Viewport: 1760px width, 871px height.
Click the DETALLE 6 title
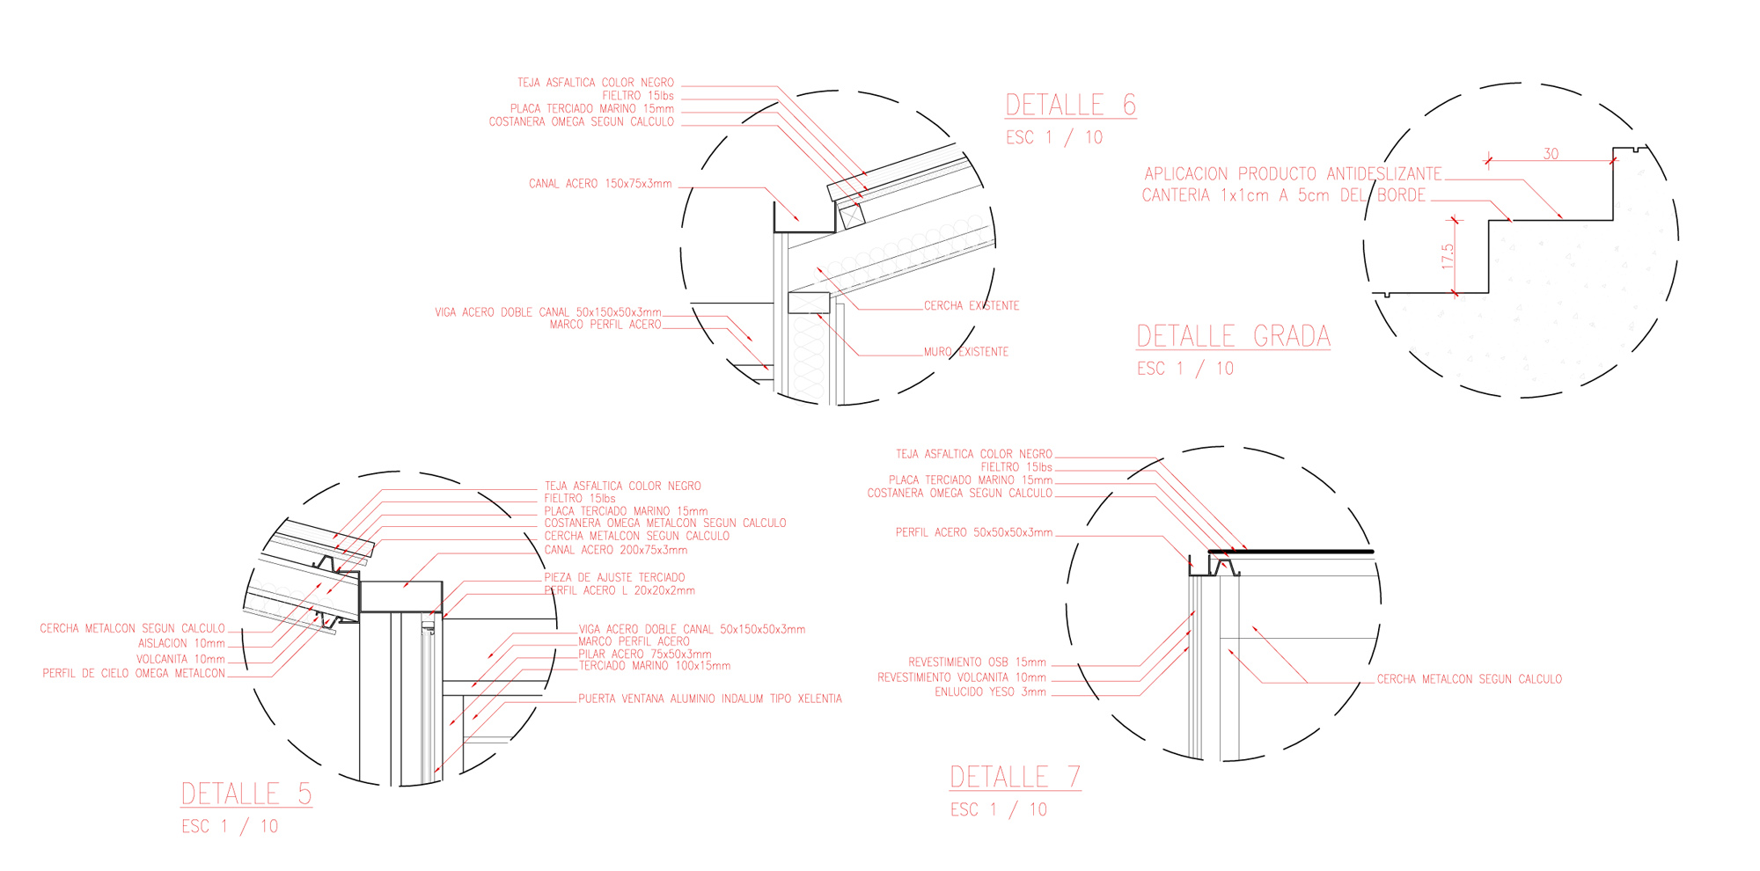1070,105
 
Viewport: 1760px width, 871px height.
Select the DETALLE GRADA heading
1233,336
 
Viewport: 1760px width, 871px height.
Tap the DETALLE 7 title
1015,777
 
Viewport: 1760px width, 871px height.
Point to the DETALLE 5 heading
246,794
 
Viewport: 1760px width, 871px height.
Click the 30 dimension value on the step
1551,154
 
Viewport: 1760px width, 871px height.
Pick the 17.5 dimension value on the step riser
1448,257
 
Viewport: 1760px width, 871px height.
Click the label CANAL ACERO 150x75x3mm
600,184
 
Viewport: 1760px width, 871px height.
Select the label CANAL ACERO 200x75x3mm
616,550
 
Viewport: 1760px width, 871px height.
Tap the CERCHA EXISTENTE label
972,306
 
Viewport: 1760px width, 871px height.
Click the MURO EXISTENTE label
966,352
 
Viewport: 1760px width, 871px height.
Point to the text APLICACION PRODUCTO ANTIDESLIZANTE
1293,174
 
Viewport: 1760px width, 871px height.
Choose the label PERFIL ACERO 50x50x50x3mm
974,532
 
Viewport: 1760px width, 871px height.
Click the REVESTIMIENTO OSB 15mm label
978,662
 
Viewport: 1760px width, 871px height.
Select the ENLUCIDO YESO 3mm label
991,692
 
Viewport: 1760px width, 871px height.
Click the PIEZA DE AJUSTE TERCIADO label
614,578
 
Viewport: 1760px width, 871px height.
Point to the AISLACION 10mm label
181,644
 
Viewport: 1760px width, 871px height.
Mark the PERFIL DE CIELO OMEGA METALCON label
134,674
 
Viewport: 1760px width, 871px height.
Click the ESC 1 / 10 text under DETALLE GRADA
1185,369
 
